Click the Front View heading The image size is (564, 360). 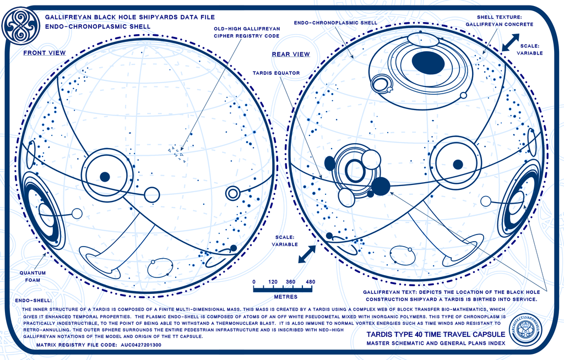point(45,53)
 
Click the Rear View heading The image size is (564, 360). point(291,54)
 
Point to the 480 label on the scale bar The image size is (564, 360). point(311,282)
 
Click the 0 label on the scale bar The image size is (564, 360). point(254,282)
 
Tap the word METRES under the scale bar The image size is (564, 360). point(286,297)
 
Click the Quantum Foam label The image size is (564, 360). point(32,276)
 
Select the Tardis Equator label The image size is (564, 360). point(276,73)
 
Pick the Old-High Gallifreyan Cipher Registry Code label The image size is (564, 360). point(247,32)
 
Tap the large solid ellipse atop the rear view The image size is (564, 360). point(428,62)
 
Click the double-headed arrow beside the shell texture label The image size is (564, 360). point(511,42)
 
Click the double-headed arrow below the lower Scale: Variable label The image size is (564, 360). point(307,254)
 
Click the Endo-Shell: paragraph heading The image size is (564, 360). point(34,301)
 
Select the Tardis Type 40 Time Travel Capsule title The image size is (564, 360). point(436,335)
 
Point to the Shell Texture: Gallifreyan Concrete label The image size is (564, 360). point(499,21)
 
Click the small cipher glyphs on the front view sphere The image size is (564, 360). point(177,154)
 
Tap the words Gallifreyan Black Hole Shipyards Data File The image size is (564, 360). point(130,17)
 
